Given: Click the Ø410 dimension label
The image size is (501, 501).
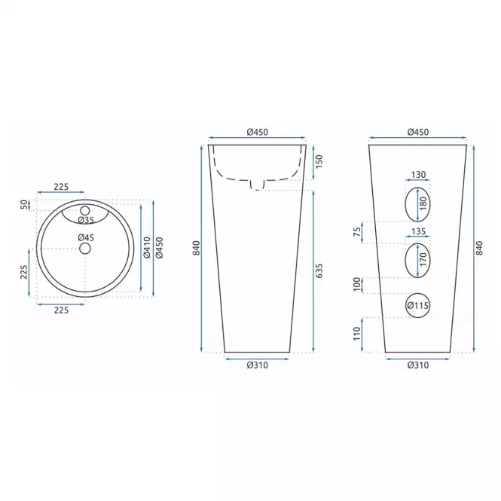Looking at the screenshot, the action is click(x=147, y=247).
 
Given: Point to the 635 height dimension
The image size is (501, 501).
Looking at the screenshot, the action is click(x=319, y=270).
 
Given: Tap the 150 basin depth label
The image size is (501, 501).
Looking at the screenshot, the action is click(x=319, y=161).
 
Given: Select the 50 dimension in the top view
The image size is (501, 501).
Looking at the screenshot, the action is click(x=24, y=204).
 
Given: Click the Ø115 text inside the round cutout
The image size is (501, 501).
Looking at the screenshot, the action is click(x=418, y=305).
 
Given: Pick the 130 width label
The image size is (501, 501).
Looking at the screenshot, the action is click(x=418, y=175).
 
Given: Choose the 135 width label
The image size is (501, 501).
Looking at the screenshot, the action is click(x=418, y=231).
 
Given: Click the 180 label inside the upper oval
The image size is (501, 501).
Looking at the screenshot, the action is click(x=423, y=203).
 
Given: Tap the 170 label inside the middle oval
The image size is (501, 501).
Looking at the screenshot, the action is click(x=423, y=259).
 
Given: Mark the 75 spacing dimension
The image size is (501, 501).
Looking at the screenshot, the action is click(x=357, y=231).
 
